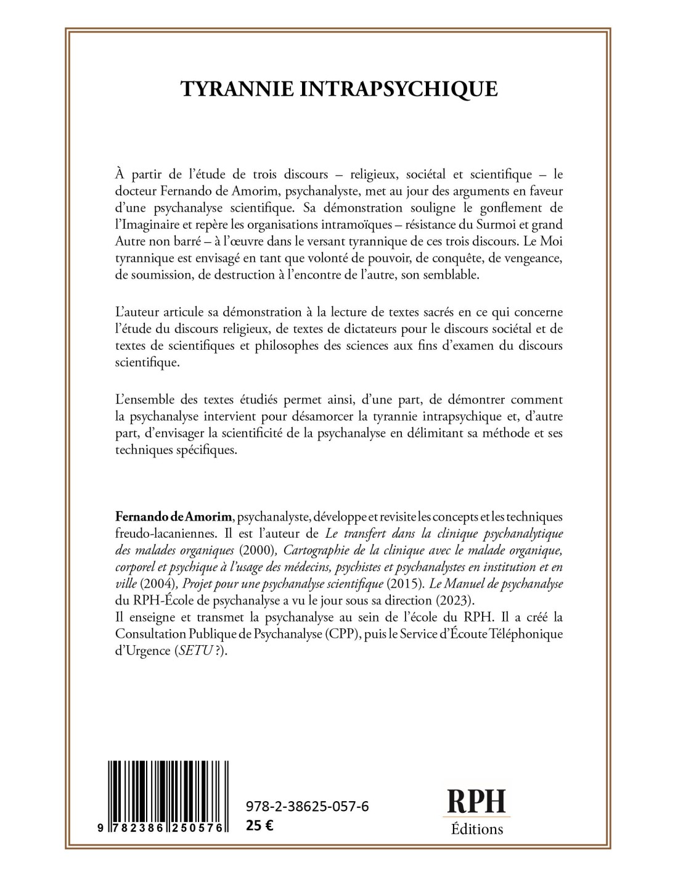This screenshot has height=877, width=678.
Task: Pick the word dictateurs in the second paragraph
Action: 389,329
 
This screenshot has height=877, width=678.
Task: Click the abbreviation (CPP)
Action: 340,633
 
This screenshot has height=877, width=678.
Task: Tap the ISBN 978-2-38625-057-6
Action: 307,806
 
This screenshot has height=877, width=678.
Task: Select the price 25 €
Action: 259,826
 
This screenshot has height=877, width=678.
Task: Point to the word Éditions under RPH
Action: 476,828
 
